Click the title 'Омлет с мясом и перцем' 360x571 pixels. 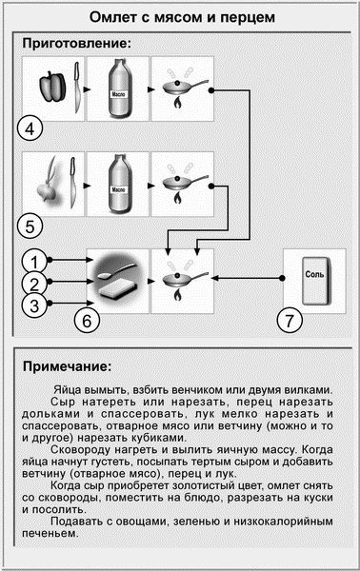[x=180, y=17]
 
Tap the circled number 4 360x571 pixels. [x=30, y=128]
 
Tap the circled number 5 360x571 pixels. [x=30, y=226]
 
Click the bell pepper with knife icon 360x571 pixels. [x=53, y=89]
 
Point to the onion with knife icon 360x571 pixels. [x=53, y=186]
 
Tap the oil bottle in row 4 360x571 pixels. [x=118, y=89]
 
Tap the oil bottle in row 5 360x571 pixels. [x=118, y=186]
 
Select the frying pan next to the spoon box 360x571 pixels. [x=183, y=278]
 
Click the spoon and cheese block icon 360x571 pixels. [x=118, y=278]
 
